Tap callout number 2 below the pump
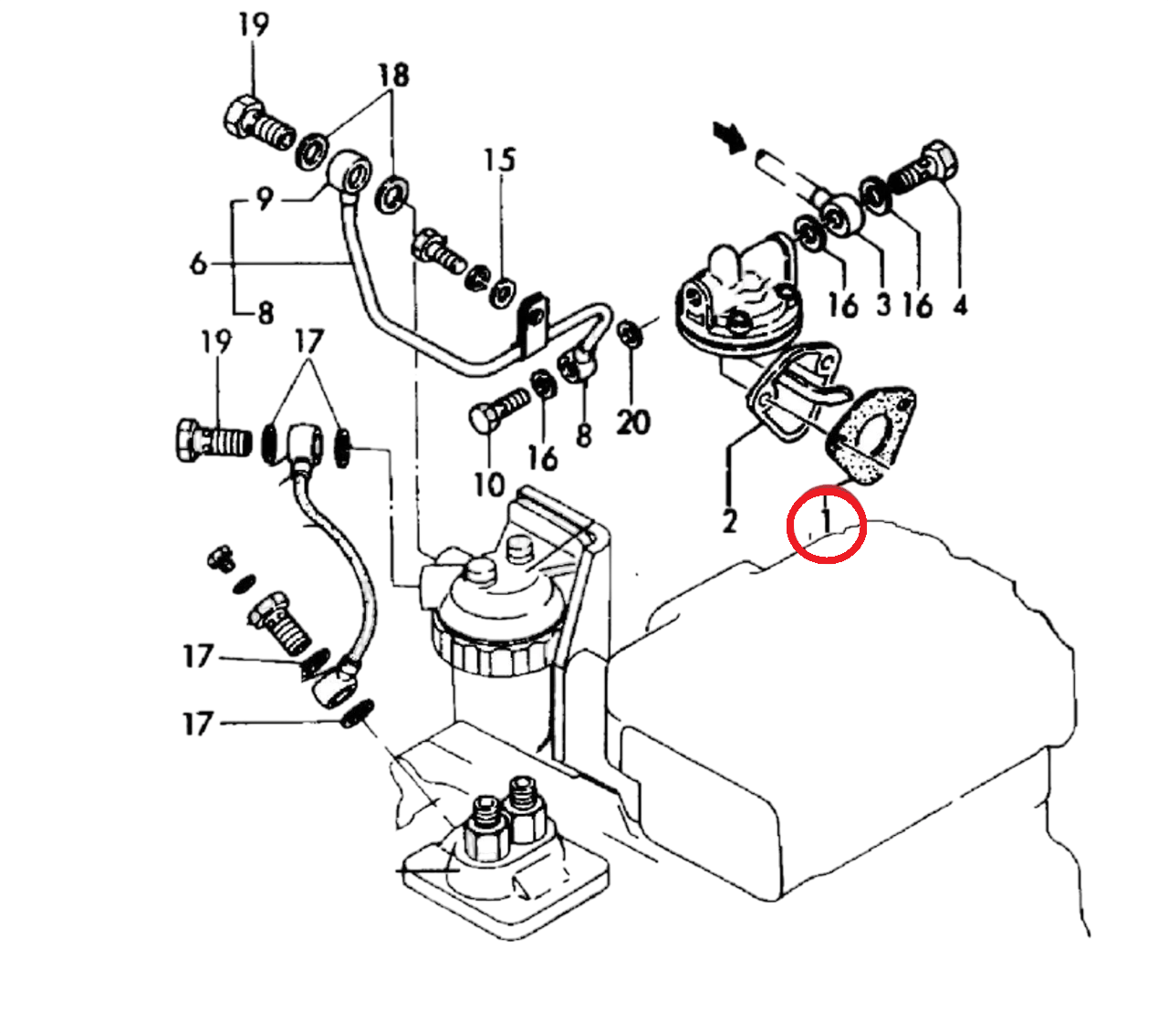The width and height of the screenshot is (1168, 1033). (x=729, y=521)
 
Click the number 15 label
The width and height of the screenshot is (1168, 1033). (x=499, y=160)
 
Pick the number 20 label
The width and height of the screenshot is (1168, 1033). (x=633, y=422)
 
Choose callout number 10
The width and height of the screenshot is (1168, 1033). (x=489, y=485)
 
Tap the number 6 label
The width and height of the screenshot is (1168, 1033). (x=198, y=264)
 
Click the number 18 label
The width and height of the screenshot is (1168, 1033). (x=394, y=75)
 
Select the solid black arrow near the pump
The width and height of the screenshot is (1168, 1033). (x=729, y=138)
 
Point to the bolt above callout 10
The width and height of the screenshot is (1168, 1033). (x=498, y=409)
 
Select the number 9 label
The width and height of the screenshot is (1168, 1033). (x=264, y=199)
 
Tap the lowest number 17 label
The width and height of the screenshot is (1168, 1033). (x=198, y=724)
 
